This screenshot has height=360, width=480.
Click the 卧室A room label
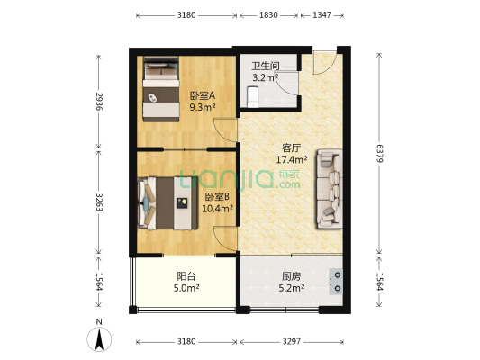202,96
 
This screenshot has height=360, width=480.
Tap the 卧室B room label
219,196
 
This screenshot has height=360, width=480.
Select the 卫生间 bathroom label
266,66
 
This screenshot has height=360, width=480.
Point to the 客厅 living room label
291,148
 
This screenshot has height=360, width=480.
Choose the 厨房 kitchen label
291,276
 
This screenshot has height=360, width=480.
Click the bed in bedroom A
160,90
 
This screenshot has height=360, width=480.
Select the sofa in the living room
328,189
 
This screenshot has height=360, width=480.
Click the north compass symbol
99,338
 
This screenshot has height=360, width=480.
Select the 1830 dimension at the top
268,15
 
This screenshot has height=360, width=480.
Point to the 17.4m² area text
291,160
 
